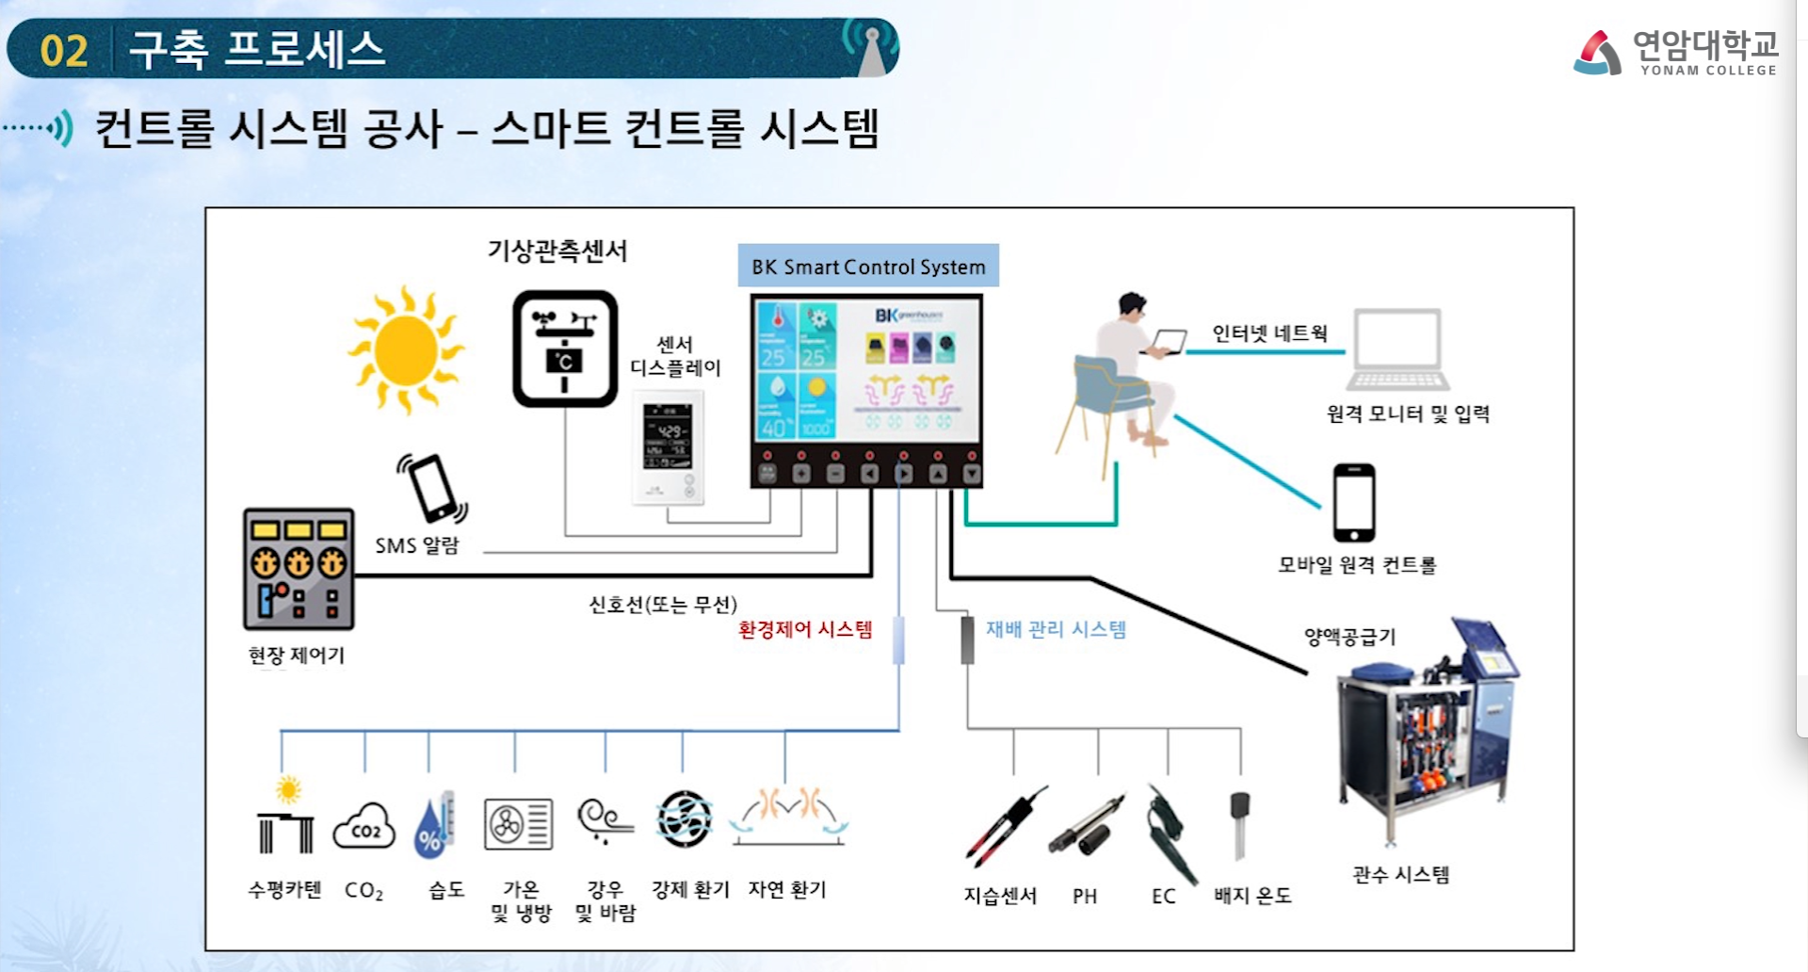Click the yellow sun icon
pos(406,349)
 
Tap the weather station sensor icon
pos(565,348)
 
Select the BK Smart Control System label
pos(868,267)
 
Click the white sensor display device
pos(668,447)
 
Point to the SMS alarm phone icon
pos(433,488)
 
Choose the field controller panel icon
pos(299,569)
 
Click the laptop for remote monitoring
pos(1397,349)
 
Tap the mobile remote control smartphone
pos(1354,502)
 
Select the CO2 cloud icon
pos(364,826)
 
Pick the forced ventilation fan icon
pos(684,819)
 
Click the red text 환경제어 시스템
pos(805,629)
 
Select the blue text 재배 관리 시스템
pos(1056,629)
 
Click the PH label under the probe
pos(1085,896)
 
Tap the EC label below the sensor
pos(1164,896)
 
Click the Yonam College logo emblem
pos(1598,53)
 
